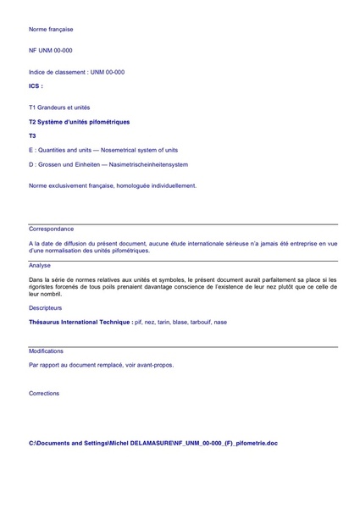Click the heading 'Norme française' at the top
51,30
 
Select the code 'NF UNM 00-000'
50,51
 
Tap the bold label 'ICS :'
36,86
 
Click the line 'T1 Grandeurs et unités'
59,108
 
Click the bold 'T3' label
32,135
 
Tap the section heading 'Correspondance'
51,229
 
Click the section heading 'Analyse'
40,265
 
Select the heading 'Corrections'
44,394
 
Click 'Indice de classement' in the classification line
56,72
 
